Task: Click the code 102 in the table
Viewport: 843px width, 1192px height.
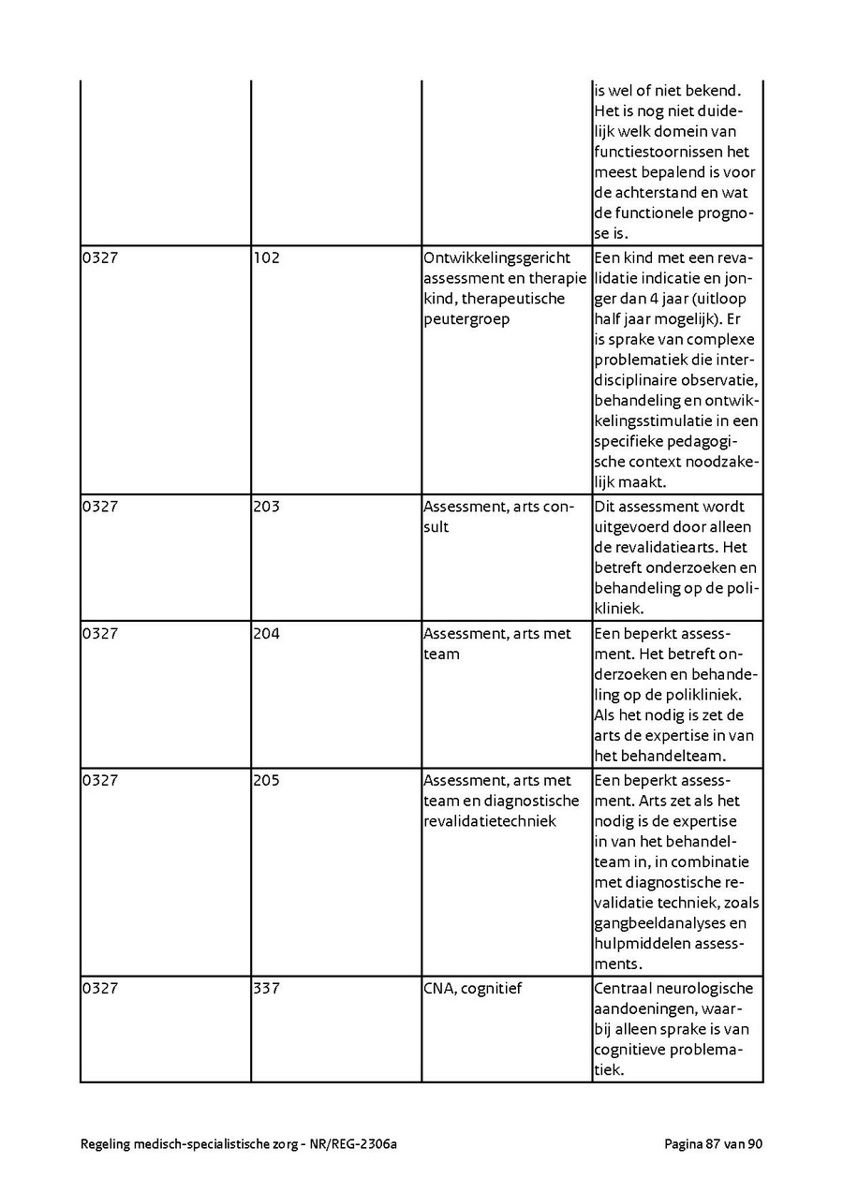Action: (266, 258)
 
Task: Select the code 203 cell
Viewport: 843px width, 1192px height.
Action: (266, 507)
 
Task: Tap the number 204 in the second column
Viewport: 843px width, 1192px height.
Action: (266, 634)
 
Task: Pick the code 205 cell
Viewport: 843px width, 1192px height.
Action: (266, 780)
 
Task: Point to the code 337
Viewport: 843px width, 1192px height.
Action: (266, 988)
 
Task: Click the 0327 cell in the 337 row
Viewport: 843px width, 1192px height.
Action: (99, 988)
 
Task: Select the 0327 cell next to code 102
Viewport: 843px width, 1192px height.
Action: (99, 258)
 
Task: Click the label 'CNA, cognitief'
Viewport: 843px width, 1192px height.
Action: (472, 988)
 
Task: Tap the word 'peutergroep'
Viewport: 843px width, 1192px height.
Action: (466, 319)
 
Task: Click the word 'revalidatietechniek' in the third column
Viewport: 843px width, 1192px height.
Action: (490, 821)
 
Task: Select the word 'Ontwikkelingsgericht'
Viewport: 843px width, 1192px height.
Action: (496, 258)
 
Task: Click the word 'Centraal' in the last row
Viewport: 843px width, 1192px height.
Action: (623, 988)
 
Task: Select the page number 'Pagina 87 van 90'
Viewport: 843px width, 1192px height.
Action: (714, 1143)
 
